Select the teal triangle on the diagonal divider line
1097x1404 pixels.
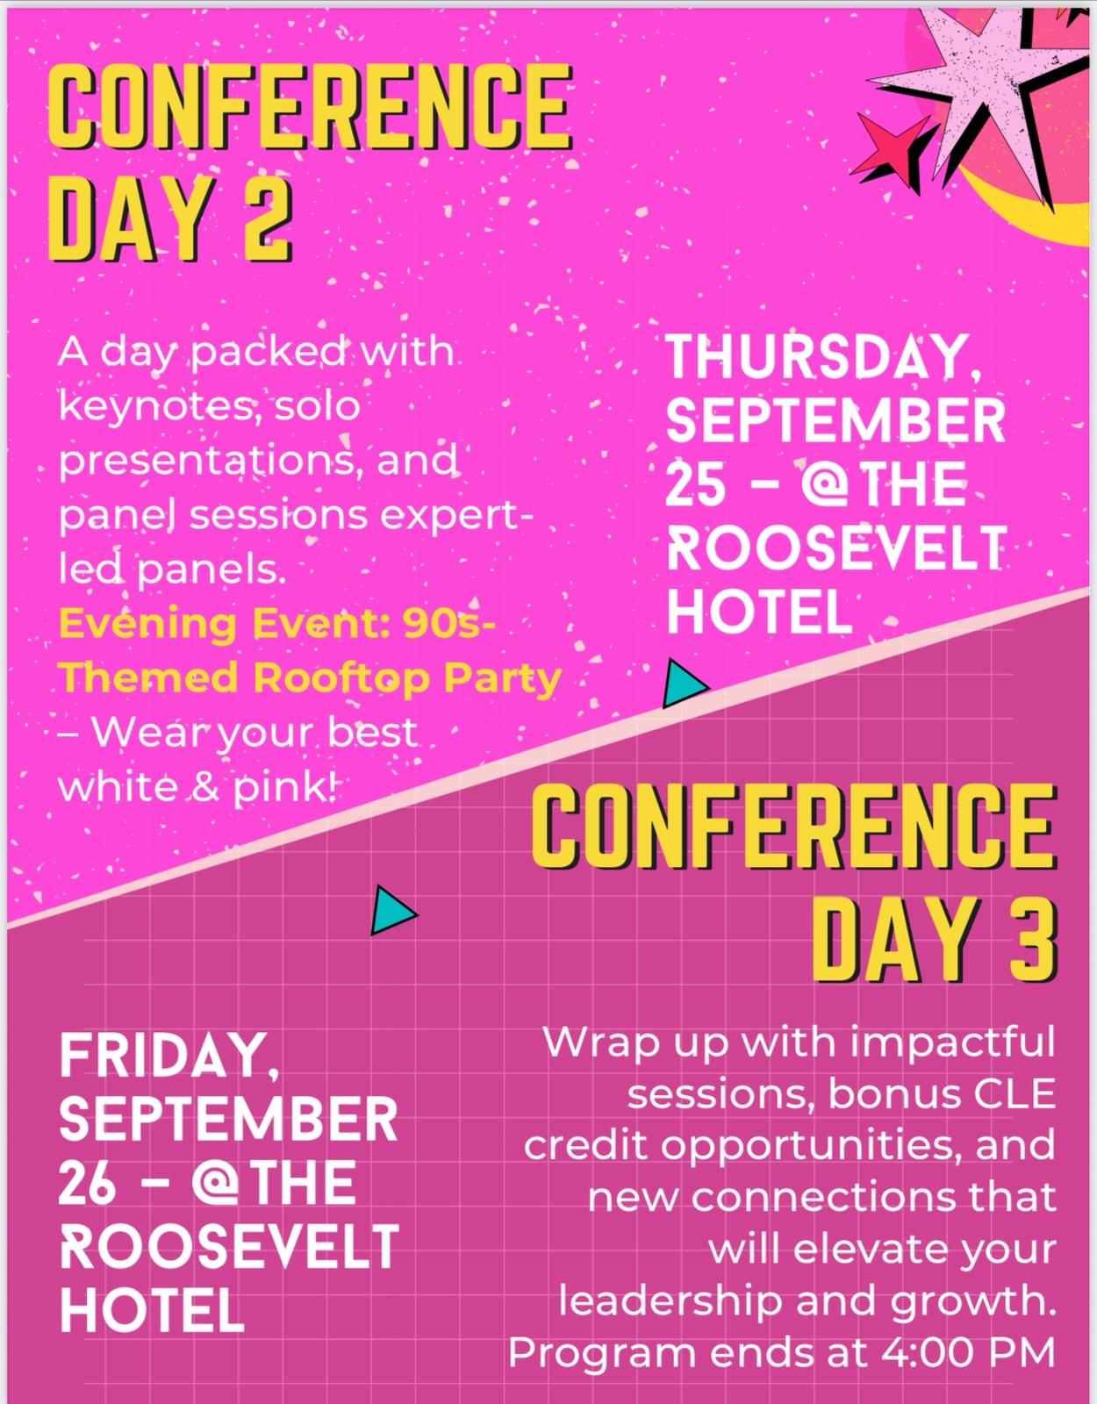click(x=685, y=683)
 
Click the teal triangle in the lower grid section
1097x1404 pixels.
click(x=393, y=910)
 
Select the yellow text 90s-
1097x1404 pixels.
click(x=449, y=624)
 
